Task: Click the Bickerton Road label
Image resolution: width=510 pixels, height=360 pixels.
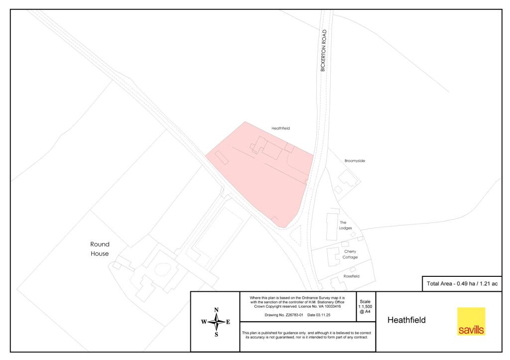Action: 324,51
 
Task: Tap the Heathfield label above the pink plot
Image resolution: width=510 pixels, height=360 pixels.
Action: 280,128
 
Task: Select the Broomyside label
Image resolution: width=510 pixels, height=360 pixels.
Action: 355,161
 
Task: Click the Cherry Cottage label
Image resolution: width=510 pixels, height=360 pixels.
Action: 350,254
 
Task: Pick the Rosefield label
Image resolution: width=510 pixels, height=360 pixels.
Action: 351,276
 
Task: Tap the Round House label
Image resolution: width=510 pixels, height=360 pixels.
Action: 100,249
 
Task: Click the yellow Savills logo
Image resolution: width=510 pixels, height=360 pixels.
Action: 471,321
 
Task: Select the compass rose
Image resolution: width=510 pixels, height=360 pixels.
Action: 216,322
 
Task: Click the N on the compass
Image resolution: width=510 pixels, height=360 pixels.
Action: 216,310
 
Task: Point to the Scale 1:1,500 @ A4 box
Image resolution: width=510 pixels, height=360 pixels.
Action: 365,307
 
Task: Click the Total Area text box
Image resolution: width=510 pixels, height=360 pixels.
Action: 462,284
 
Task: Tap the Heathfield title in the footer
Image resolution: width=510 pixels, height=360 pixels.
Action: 406,320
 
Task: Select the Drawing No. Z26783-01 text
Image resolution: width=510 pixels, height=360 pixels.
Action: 282,315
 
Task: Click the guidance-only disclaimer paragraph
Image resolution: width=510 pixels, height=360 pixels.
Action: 307,335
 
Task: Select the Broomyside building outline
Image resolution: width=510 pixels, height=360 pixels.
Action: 348,180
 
